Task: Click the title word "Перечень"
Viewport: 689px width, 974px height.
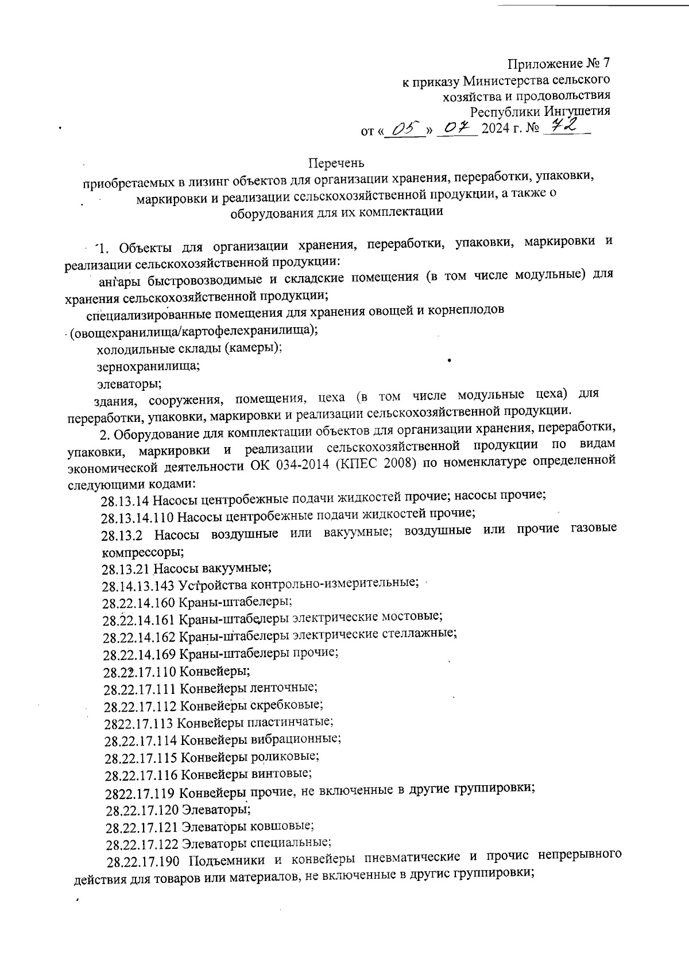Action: coord(336,162)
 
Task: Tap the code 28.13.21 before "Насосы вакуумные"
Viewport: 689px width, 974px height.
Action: coord(126,569)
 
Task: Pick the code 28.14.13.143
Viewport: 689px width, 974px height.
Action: coord(138,587)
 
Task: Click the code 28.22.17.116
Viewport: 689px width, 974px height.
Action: coord(141,775)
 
